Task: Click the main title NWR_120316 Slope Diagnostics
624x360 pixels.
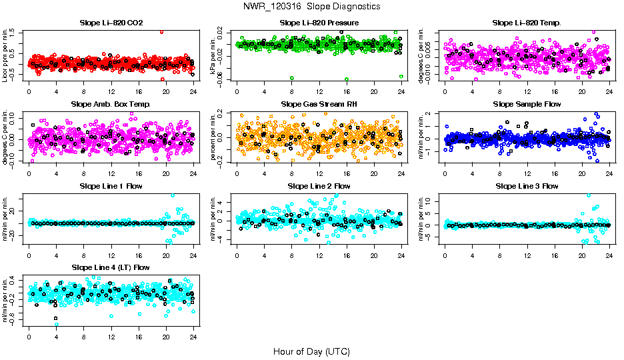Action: (312, 6)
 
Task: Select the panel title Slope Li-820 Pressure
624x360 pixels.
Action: (319, 23)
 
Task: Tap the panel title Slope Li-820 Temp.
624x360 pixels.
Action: (527, 23)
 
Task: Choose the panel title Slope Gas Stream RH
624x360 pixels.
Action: (319, 104)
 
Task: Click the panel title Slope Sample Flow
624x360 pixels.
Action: (527, 104)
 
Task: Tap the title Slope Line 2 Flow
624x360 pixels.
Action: (319, 186)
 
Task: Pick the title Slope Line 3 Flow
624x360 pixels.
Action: (527, 186)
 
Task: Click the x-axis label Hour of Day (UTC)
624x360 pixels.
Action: (311, 351)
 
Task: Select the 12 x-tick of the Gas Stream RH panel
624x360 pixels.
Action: (319, 173)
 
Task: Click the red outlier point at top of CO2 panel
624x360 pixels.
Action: (161, 31)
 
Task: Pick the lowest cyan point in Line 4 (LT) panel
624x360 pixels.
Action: (57, 325)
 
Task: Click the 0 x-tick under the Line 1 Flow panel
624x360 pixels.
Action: (29, 255)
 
